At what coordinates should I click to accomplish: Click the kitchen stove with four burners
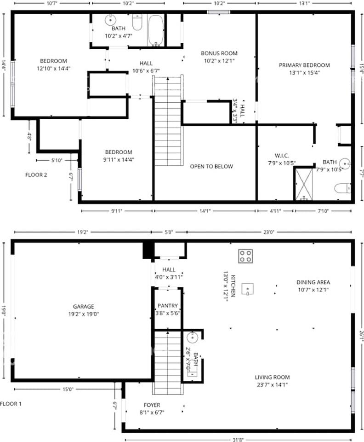coord(245,256)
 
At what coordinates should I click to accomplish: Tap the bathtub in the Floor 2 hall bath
coord(155,30)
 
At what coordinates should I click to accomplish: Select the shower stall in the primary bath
coord(303,184)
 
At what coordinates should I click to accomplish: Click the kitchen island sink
coord(248,289)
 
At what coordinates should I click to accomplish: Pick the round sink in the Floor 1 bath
coord(193,337)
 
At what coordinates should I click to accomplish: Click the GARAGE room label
coord(84,307)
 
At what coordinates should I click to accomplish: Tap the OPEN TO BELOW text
coord(211,166)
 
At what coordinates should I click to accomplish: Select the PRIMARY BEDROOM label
coord(304,65)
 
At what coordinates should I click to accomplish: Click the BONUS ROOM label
coord(219,53)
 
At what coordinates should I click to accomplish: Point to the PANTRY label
coord(168,306)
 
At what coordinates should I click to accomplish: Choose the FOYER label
coord(152,405)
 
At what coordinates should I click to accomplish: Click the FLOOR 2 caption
coord(36,175)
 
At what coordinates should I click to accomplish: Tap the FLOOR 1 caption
coord(11,404)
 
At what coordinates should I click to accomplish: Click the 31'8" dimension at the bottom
coord(238,439)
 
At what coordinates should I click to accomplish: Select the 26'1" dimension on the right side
coord(362,336)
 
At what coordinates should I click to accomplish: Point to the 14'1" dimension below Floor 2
coord(205,210)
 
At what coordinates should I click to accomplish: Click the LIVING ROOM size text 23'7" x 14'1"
coord(272,385)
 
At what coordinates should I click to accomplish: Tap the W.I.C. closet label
coord(282,156)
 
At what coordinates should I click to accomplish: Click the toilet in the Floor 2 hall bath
coord(137,22)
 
